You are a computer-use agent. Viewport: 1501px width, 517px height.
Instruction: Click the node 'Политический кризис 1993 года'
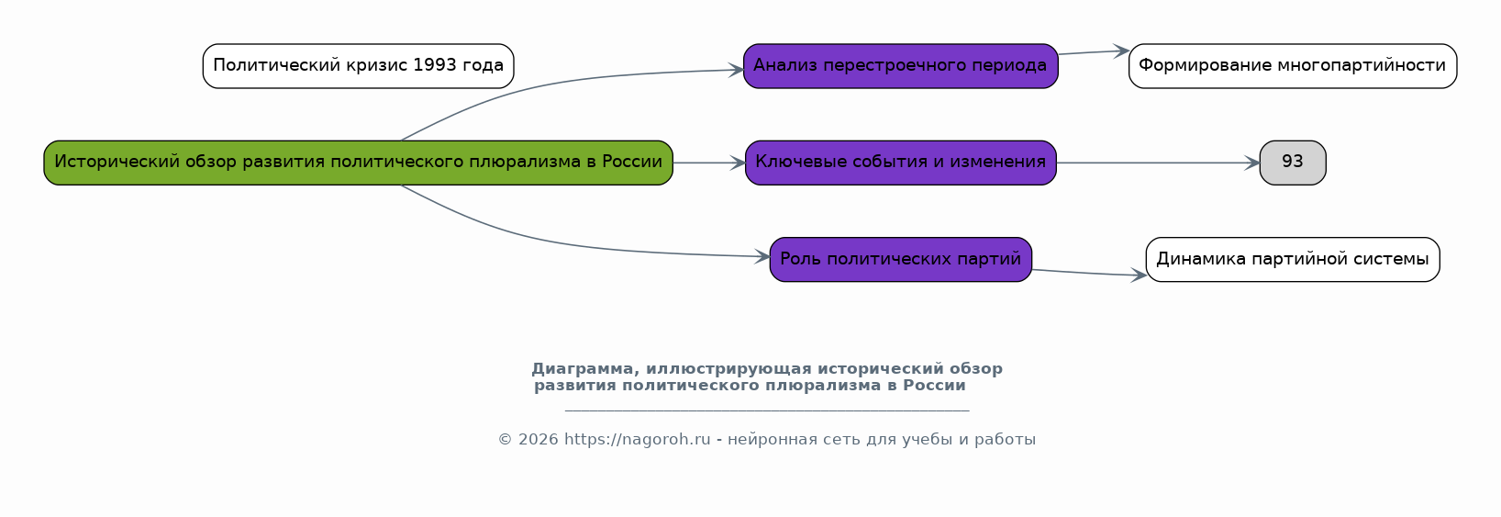(358, 66)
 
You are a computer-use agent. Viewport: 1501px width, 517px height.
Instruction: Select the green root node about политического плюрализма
(358, 163)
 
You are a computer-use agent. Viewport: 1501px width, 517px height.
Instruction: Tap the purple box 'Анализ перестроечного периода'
(900, 66)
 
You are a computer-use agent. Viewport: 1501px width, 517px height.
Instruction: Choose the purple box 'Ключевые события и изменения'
(900, 163)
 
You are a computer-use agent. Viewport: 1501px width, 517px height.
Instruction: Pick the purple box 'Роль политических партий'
(900, 260)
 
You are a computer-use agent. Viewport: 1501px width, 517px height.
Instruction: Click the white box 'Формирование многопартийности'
(1292, 66)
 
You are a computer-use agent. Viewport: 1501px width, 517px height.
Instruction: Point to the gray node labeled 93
(1292, 163)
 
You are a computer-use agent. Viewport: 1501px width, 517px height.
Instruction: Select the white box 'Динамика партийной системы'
(1292, 260)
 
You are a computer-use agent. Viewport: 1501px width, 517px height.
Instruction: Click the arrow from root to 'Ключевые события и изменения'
(708, 163)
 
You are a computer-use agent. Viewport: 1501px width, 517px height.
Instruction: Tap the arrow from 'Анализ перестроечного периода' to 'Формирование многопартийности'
(1093, 52)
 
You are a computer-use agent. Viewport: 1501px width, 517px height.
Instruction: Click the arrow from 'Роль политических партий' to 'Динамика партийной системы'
(1089, 273)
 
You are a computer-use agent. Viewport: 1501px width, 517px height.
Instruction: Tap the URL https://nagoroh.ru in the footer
(637, 440)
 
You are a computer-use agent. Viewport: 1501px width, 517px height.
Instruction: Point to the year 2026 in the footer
(538, 440)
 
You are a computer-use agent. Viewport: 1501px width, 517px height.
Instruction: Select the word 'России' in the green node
(632, 163)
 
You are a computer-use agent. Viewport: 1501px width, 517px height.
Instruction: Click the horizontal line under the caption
(766, 410)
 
